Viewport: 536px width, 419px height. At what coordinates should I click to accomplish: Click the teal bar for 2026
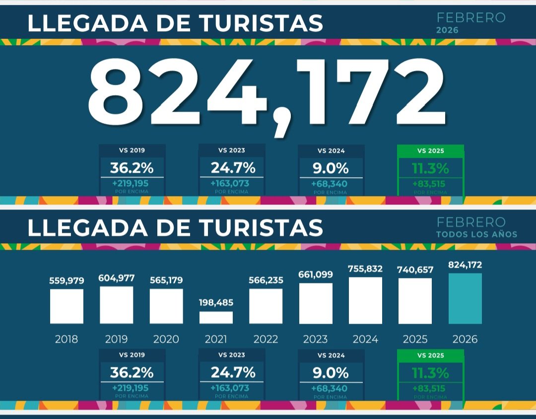point(465,298)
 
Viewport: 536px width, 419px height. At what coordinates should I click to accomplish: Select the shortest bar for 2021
point(216,317)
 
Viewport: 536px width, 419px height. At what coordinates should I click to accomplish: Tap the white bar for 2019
point(116,305)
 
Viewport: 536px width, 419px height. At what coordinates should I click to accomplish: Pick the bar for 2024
point(365,300)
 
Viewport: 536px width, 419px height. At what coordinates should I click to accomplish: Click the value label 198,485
point(216,302)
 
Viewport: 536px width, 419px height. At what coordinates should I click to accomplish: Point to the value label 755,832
point(365,269)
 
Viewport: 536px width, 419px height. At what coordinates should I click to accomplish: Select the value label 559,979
point(67,280)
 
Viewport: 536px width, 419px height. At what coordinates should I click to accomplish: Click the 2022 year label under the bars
point(266,340)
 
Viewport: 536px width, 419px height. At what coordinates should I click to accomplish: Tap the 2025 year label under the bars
point(415,340)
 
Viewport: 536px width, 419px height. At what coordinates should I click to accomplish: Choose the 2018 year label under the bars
point(67,340)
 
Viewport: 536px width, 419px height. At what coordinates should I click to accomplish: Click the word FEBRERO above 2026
point(470,18)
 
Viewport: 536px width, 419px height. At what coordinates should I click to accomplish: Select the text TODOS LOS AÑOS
point(476,234)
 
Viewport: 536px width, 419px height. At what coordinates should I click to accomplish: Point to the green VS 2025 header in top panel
point(430,150)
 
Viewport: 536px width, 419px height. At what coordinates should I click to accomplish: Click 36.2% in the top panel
point(132,168)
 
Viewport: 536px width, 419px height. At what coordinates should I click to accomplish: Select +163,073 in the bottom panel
point(230,388)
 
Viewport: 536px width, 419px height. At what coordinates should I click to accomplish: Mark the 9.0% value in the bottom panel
point(331,372)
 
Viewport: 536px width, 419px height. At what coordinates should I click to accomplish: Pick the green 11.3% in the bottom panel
point(430,372)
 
